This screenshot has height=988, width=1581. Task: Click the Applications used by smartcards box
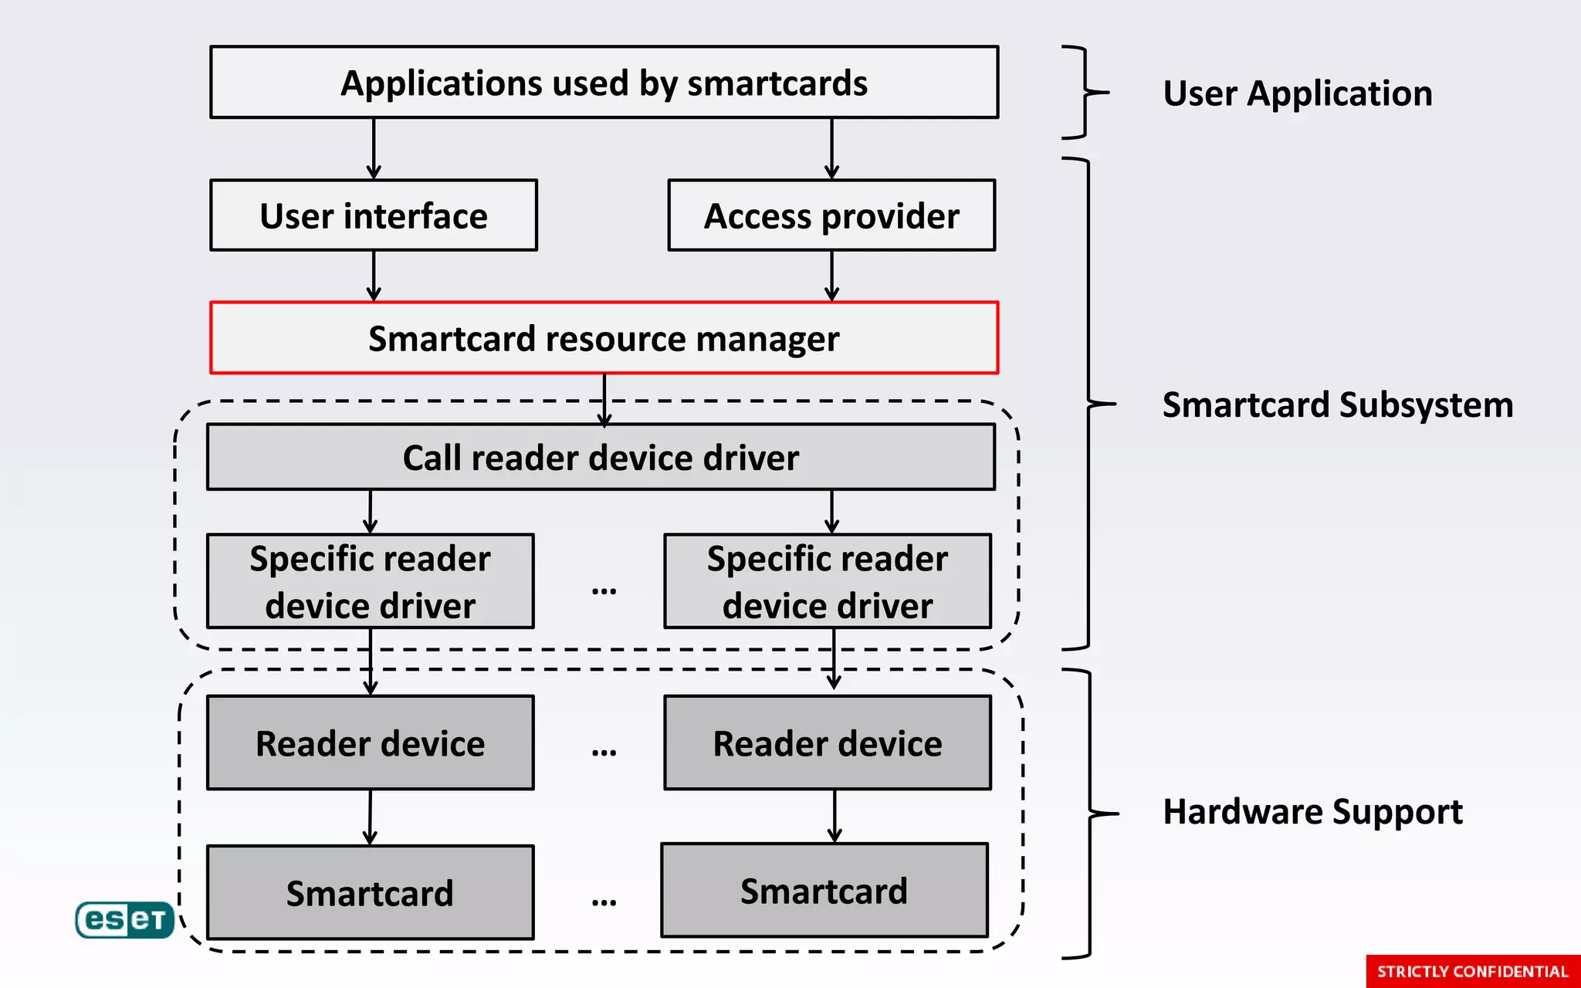point(604,83)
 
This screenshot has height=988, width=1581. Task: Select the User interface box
point(374,215)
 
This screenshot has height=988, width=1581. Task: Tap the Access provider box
point(831,215)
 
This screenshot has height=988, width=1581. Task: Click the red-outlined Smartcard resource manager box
point(604,338)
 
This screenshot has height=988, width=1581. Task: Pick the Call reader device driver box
point(601,457)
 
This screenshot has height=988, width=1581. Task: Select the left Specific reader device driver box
point(370,581)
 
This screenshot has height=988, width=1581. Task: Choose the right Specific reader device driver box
point(828,581)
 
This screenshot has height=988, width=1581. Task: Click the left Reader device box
point(370,743)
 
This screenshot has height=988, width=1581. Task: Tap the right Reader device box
point(828,743)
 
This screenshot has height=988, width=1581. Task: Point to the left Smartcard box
point(370,892)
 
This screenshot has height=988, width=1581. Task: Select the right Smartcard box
point(824,890)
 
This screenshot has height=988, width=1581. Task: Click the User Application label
point(1297,93)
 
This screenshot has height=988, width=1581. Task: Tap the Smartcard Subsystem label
point(1337,404)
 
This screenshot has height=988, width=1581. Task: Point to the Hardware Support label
point(1312,811)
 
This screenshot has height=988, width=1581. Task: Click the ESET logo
point(124,919)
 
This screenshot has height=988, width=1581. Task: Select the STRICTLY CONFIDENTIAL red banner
point(1472,971)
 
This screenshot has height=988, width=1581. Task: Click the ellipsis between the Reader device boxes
point(604,750)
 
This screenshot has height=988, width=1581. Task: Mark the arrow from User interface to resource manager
point(374,276)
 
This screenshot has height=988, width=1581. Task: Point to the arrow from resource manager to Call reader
point(604,399)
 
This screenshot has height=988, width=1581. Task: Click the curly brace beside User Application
point(1085,93)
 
